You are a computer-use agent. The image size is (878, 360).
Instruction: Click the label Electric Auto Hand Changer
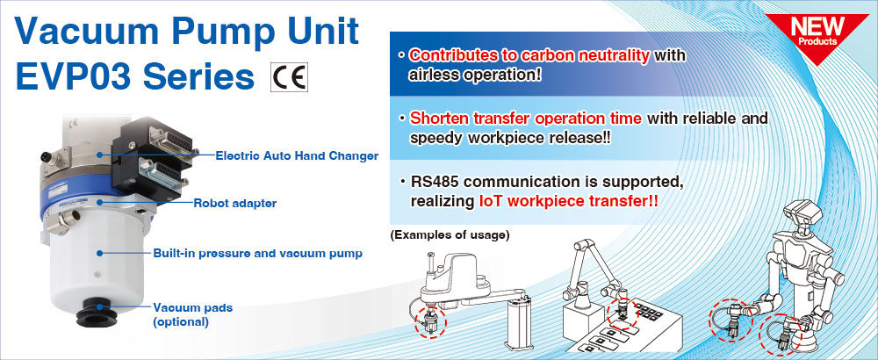coord(297,155)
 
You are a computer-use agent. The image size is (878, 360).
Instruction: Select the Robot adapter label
coord(235,203)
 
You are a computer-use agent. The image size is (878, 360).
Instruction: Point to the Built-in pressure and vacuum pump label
coord(257,254)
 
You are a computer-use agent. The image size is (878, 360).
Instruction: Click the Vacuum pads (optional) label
coord(192,314)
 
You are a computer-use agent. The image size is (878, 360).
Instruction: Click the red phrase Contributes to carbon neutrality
coord(529,55)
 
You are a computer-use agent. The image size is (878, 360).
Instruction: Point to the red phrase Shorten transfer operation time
coord(526,119)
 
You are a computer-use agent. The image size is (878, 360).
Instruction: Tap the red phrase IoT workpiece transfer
coord(568,202)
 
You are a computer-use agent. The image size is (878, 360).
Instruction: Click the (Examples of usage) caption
coord(450,235)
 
